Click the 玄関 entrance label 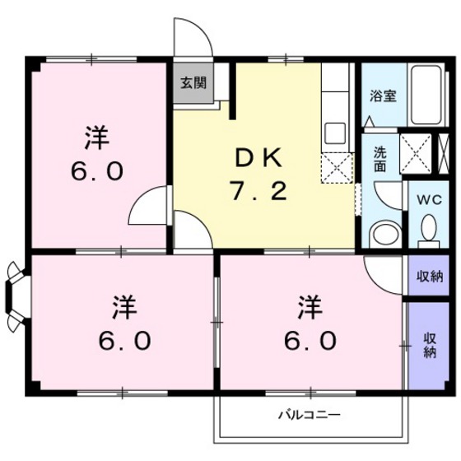194,82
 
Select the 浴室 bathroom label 384,95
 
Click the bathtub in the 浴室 426,95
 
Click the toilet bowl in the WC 428,226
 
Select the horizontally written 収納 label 428,276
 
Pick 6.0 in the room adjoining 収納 310,340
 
